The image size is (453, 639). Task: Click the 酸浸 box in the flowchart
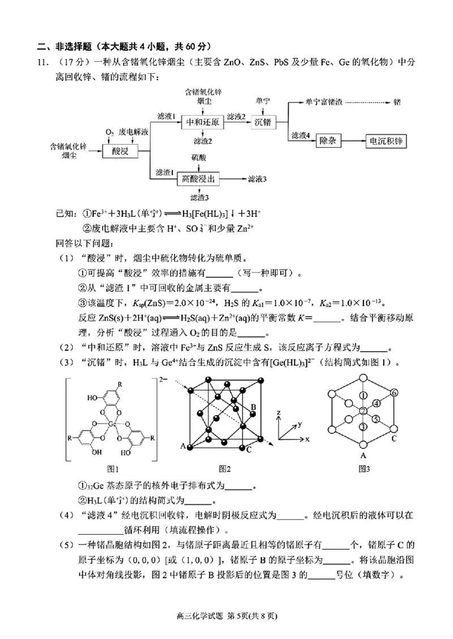[119, 150]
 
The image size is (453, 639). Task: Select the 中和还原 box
[202, 122]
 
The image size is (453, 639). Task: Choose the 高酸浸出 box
[198, 179]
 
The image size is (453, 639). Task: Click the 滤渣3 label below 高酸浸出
[200, 198]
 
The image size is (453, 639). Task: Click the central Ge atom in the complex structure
[112, 422]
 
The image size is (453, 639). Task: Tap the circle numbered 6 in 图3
[394, 393]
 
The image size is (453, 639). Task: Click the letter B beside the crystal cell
[254, 407]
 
